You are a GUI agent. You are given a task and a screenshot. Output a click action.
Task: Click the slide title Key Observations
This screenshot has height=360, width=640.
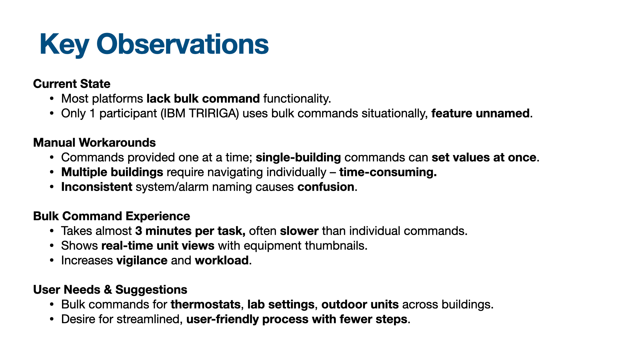154,44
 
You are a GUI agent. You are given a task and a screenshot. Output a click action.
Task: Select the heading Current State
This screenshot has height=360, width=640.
72,84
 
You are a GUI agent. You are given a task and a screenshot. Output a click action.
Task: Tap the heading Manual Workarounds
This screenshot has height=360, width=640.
94,143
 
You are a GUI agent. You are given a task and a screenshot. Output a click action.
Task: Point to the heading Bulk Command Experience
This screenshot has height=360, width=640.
111,216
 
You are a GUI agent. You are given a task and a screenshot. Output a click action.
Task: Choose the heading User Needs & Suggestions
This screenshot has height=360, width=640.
110,290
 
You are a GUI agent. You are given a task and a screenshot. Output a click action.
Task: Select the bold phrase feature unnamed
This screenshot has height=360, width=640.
480,113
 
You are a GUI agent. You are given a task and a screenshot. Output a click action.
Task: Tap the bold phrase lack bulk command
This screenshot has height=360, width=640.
203,99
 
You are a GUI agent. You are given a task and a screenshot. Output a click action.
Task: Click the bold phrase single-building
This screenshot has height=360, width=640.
298,157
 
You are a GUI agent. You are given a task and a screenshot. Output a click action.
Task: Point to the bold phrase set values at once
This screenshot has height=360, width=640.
484,157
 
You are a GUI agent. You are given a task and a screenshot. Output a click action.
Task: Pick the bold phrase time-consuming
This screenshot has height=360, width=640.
388,172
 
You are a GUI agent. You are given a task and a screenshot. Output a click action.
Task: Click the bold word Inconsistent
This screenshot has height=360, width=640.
97,187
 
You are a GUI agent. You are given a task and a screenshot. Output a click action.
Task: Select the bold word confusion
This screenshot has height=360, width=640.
326,187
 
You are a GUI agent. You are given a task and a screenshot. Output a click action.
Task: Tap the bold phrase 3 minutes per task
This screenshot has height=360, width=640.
190,231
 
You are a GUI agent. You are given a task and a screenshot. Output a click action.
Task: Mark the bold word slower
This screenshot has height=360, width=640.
299,231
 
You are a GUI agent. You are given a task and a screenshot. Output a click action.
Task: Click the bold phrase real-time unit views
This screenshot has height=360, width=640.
158,246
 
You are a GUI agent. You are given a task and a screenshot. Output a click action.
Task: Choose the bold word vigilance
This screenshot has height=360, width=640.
142,260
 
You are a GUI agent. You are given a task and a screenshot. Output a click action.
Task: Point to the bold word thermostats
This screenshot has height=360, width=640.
206,305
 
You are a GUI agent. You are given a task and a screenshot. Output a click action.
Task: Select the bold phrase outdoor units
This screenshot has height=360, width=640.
360,305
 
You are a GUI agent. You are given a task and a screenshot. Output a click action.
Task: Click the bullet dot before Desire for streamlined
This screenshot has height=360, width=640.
51,319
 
